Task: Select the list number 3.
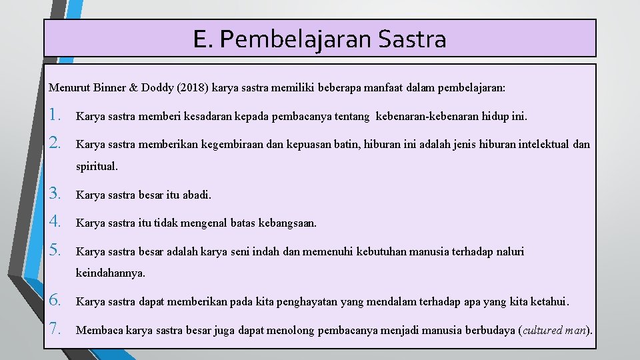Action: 56,194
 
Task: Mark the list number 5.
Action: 56,251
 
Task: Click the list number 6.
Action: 56,301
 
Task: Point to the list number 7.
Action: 56,329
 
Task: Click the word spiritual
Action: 97,167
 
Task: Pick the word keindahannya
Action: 110,273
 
